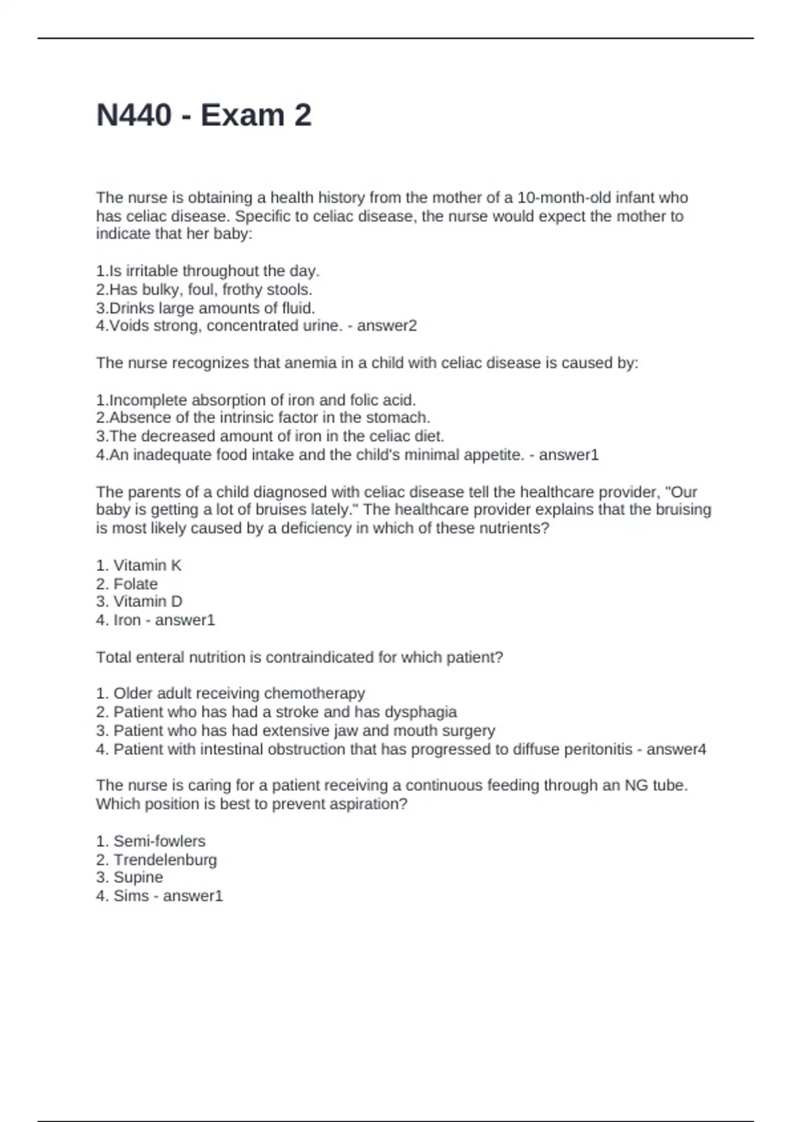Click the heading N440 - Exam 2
click(204, 115)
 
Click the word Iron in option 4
click(127, 620)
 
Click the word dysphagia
click(420, 711)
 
